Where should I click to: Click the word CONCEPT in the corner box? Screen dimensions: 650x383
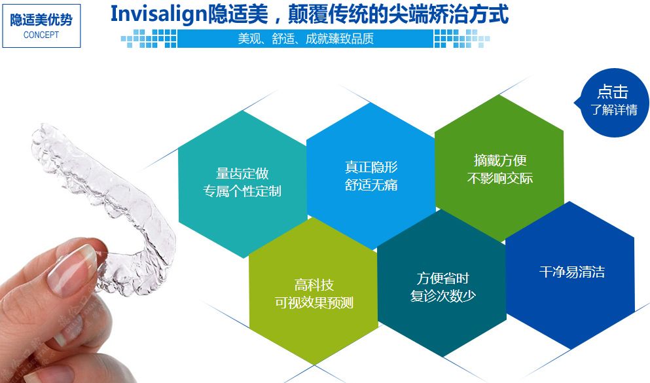point(41,35)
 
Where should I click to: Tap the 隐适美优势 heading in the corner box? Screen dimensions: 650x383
point(41,20)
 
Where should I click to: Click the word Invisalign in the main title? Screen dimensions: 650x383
point(159,14)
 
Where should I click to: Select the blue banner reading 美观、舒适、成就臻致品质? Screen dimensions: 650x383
point(305,39)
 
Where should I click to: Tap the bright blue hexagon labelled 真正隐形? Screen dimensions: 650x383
point(371,175)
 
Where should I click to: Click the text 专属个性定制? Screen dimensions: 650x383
point(242,191)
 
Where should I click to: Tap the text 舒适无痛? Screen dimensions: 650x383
point(371,185)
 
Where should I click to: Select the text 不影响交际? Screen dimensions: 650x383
point(499,178)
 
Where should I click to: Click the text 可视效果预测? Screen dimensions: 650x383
point(314,302)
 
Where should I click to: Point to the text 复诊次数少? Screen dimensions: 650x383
point(442,295)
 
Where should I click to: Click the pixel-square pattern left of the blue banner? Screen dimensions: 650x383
point(149,39)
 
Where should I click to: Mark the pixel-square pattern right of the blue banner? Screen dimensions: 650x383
point(461,39)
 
